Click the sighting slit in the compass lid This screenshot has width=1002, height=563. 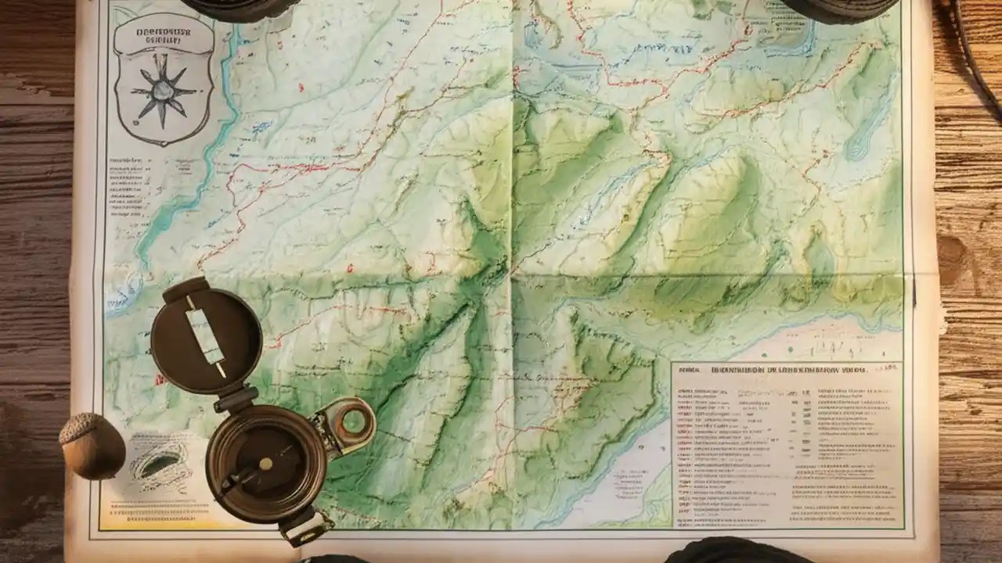point(206,335)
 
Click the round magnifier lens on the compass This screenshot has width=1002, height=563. point(353,421)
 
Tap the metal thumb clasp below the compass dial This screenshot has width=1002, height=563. point(305,525)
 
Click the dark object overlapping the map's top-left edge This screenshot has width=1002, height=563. point(239,8)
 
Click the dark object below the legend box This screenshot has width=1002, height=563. point(732,551)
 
